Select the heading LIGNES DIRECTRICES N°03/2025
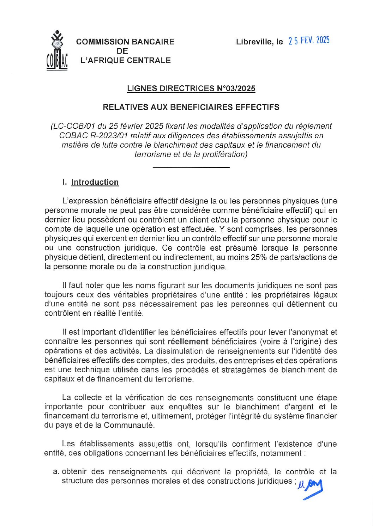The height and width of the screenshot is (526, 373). [191, 88]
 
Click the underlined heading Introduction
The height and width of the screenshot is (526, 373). [95, 182]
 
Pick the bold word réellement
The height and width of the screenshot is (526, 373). [188, 342]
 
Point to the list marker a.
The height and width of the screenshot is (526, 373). [55, 472]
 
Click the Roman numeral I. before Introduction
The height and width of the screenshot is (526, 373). [64, 182]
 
